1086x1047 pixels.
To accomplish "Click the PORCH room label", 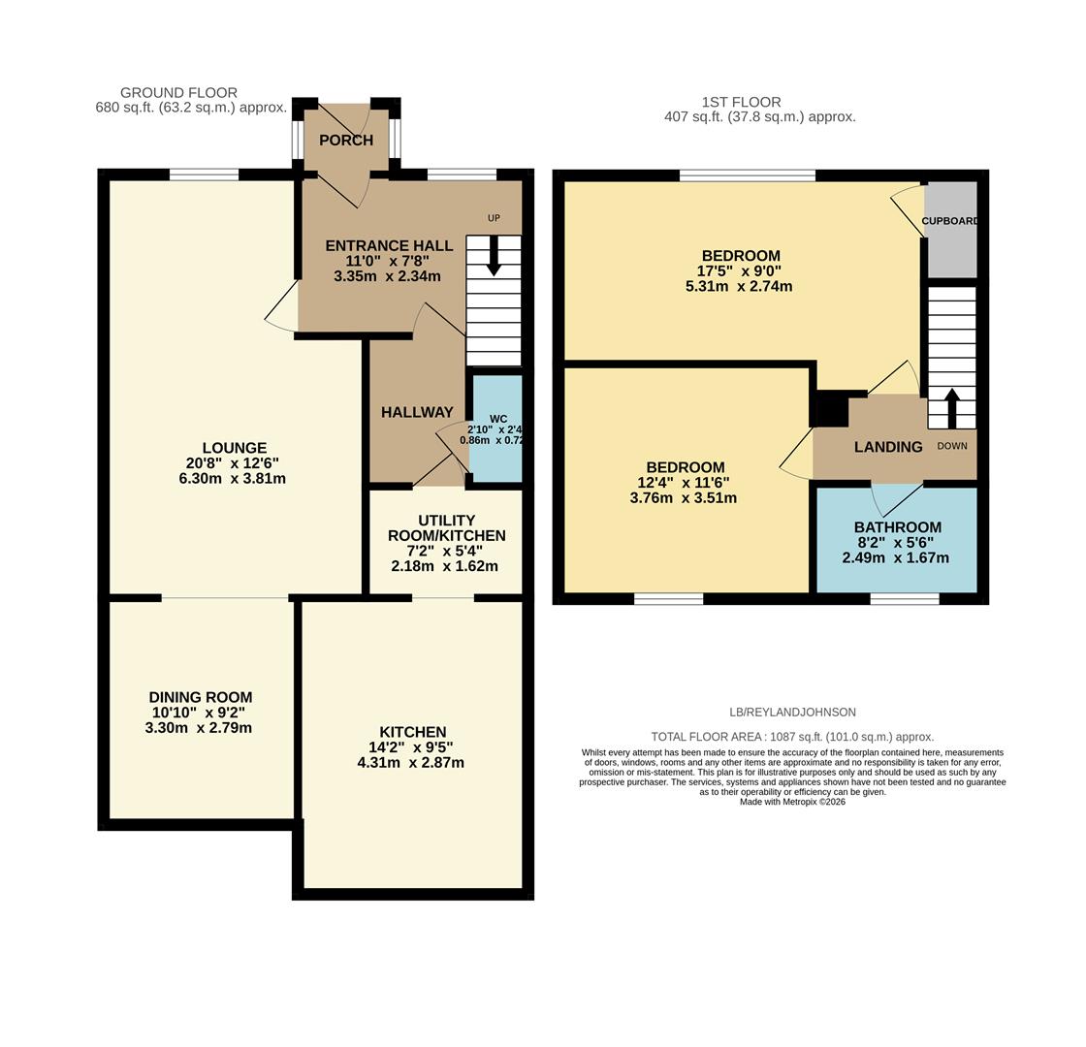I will point(346,141).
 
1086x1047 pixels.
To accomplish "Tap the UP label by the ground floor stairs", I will point(494,218).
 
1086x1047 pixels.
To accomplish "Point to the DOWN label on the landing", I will point(951,446).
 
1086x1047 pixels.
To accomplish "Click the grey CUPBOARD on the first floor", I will point(949,230).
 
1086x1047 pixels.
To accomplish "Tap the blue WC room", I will point(496,456).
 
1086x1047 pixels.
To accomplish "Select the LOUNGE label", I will point(235,448).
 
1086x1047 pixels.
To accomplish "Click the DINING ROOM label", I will point(200,697).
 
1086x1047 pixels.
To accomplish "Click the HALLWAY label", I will point(417,412).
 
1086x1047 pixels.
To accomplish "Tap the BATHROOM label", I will point(897,527).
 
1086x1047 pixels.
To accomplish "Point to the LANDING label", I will point(887,447).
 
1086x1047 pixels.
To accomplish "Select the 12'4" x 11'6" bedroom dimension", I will point(685,483).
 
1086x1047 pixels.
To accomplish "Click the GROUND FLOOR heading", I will point(178,93).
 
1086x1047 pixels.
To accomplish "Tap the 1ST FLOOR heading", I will point(741,102).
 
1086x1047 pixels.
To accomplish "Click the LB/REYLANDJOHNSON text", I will point(792,713).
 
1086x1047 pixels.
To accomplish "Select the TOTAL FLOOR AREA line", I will point(792,737).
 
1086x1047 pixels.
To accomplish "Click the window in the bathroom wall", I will point(904,599).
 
